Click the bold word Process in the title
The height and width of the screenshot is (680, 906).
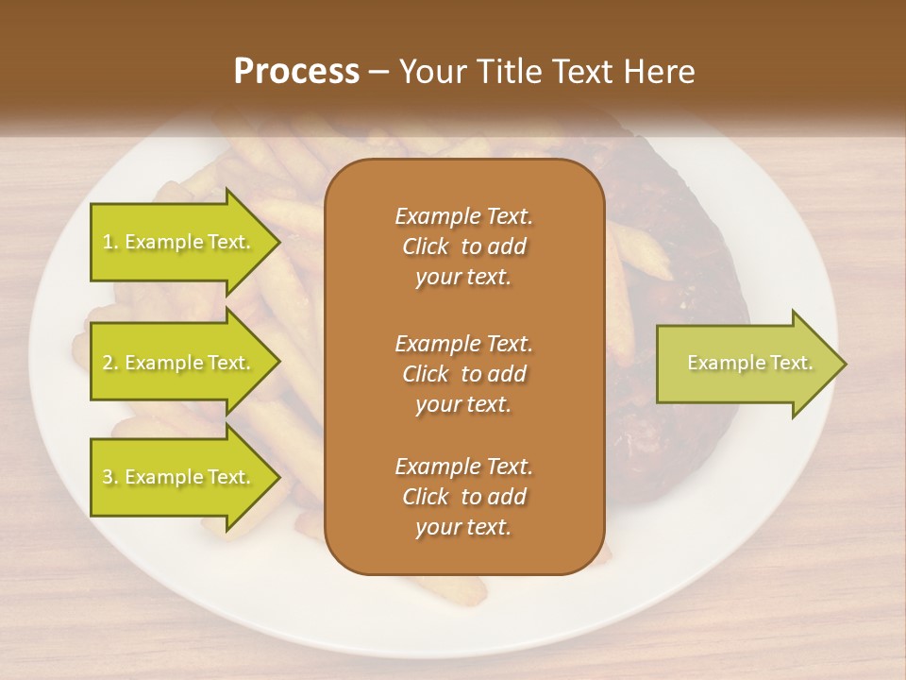click(x=296, y=72)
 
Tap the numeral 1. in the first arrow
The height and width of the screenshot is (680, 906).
click(x=110, y=242)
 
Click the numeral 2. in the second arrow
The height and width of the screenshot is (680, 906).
click(x=110, y=363)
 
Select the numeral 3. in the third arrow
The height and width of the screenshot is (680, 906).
click(x=110, y=477)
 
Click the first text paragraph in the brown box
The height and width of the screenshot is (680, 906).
click(x=463, y=246)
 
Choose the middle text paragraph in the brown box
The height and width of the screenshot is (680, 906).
click(x=463, y=373)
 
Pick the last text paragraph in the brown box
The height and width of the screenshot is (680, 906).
click(x=463, y=497)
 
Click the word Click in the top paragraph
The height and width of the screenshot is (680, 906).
click(x=425, y=246)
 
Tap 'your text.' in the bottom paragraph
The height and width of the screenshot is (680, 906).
click(x=463, y=528)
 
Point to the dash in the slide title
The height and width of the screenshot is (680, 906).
click(x=379, y=72)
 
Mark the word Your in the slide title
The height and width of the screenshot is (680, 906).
click(x=429, y=72)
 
